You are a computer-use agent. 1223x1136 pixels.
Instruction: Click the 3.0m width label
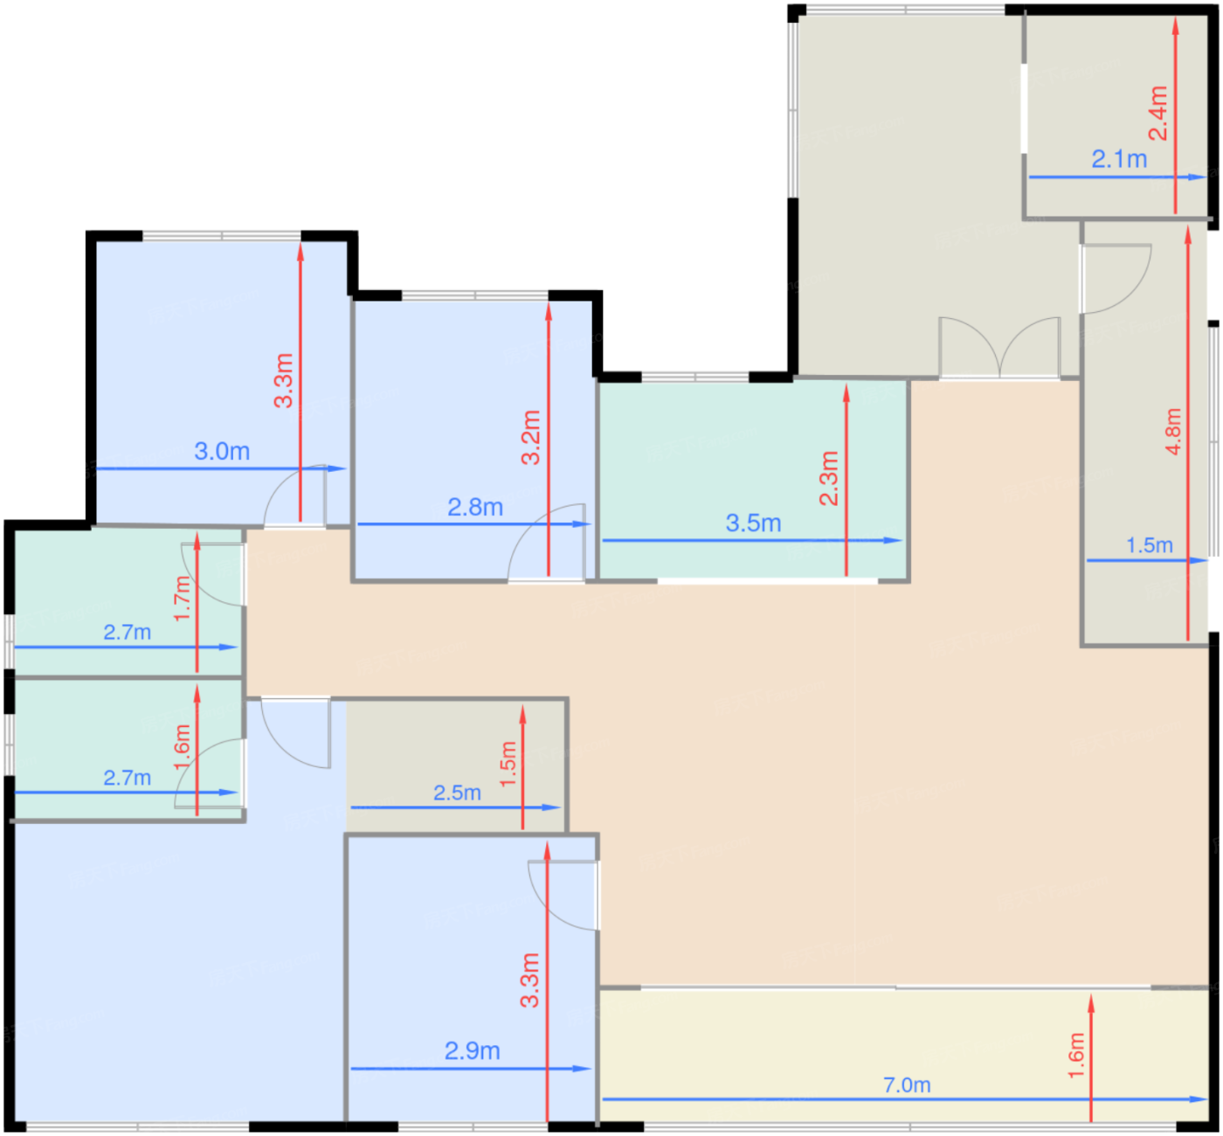point(222,452)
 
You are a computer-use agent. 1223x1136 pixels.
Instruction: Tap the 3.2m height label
point(531,438)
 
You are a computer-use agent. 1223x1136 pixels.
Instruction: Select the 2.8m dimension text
point(475,508)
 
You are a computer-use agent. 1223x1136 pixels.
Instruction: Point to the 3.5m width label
point(754,523)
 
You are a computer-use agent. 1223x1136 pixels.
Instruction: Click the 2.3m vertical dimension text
point(830,479)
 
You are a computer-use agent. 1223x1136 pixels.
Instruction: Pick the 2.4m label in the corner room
point(1158,114)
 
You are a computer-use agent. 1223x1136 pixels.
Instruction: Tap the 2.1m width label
point(1120,160)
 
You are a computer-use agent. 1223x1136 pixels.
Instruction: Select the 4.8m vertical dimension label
point(1174,432)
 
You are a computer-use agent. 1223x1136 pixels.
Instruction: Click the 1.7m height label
point(183,599)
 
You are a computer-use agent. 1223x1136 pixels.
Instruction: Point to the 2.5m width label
point(458,793)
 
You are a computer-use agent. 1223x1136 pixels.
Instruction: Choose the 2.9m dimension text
point(473,1051)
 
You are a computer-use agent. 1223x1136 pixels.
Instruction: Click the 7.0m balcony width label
point(907,1084)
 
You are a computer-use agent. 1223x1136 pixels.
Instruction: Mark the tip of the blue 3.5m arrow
point(902,540)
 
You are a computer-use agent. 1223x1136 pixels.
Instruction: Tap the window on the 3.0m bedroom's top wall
point(222,236)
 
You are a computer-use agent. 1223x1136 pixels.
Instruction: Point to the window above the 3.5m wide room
point(695,377)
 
